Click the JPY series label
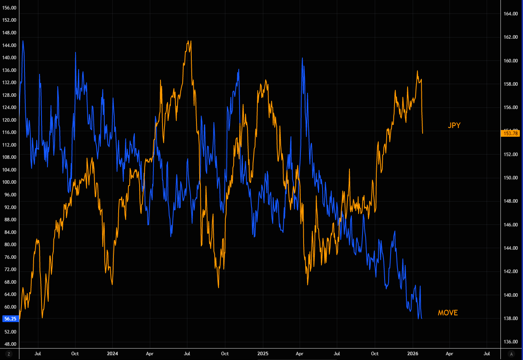pos(454,126)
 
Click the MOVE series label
pos(447,313)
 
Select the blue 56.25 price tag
pos(9,319)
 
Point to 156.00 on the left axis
pos(9,8)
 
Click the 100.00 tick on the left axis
pos(9,182)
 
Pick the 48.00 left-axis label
pos(9,344)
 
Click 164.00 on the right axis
pos(511,14)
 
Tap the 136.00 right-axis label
pos(511,342)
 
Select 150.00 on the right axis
pos(511,178)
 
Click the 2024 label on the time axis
pos(112,354)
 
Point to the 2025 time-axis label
pos(262,354)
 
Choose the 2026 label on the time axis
pos(413,354)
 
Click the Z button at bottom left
pos(9,354)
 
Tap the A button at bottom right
pos(512,354)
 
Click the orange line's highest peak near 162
pos(189,41)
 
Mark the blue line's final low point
pos(421,318)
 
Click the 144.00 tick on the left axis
pos(9,45)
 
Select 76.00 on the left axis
pos(9,257)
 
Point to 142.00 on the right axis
pos(511,271)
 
